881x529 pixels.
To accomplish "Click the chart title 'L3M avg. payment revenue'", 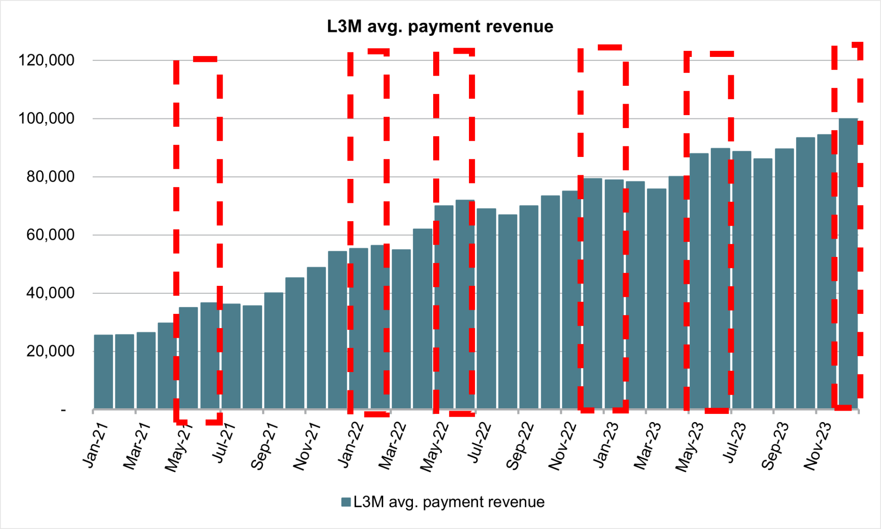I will (x=440, y=27).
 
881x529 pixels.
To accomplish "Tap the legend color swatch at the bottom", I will (x=346, y=502).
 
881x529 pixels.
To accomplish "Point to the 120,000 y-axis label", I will (x=46, y=60).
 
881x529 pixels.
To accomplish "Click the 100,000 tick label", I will (x=46, y=118).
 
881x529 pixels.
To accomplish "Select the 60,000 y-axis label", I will (x=50, y=235).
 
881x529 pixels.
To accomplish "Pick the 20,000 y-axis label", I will (x=50, y=351).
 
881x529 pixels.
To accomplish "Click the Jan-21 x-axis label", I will (x=95, y=445).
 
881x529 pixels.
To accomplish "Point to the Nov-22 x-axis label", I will (x=563, y=446).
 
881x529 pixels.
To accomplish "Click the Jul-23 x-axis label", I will (x=734, y=443).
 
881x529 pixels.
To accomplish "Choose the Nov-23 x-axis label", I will (x=818, y=446).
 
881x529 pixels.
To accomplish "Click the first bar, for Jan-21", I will (x=103, y=372).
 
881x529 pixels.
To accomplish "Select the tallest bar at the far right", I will (x=848, y=264).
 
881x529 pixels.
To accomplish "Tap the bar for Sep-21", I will (x=273, y=351).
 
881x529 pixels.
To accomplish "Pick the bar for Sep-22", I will (x=529, y=307).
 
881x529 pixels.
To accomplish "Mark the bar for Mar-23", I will (x=657, y=298).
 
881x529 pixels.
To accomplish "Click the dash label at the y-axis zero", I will (x=63, y=409).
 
